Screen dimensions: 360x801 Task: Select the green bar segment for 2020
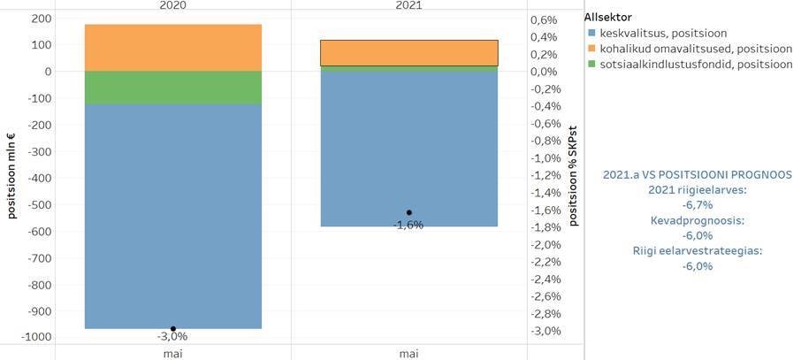pos(172,88)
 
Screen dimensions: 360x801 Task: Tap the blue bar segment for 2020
pos(172,217)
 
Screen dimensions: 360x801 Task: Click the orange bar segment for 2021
pos(408,53)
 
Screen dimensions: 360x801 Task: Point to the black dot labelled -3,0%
pos(173,329)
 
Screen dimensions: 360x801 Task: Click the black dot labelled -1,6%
pos(408,212)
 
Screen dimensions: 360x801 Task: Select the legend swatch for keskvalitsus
pos(591,32)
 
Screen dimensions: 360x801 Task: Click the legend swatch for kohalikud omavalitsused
pos(591,48)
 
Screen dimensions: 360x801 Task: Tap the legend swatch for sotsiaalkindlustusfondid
pos(591,64)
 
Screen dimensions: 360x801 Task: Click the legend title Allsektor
pos(606,17)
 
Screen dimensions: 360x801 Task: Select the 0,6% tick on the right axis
pos(543,19)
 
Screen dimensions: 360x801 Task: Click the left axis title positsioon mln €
pos(12,175)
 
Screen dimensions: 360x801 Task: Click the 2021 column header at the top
pos(408,5)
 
